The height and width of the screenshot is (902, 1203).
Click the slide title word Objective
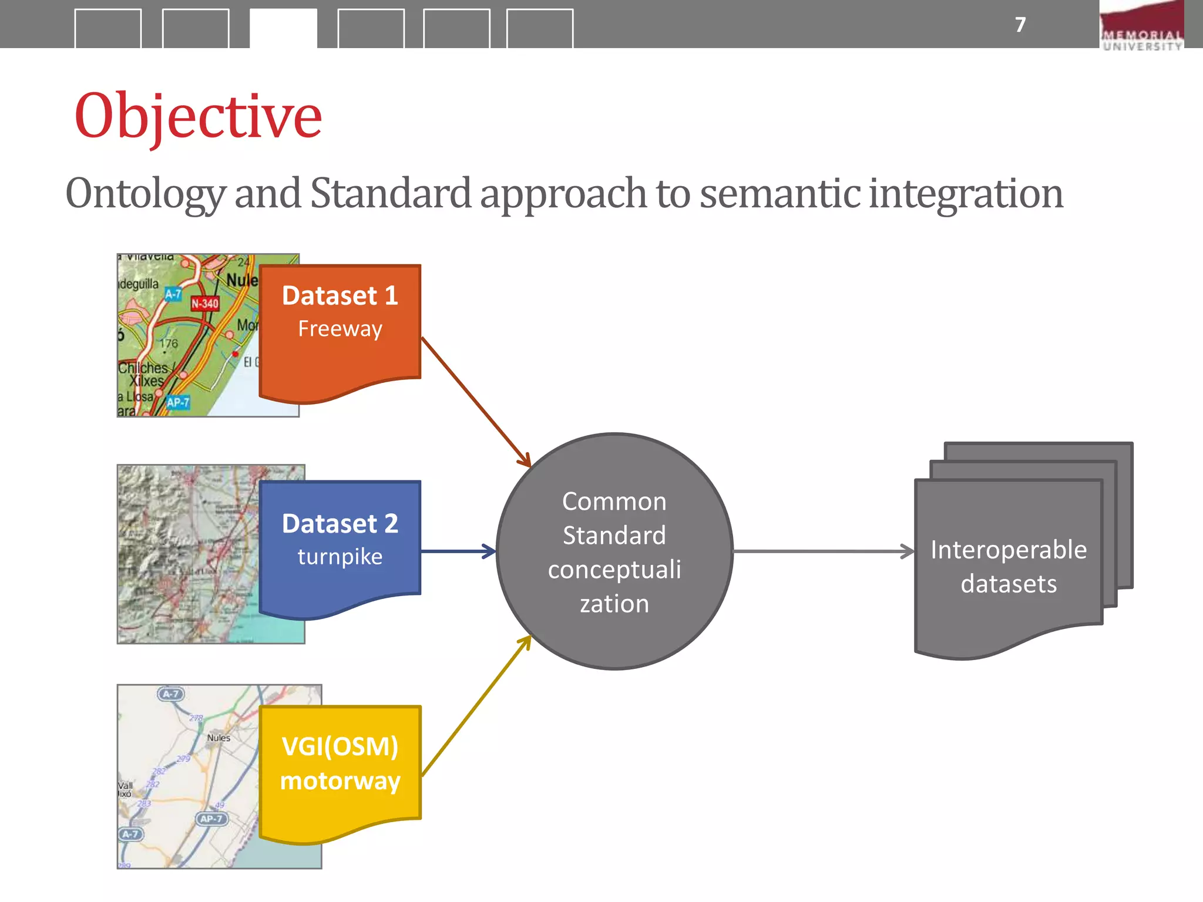pyautogui.click(x=198, y=117)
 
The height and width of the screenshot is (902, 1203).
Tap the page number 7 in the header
pyautogui.click(x=1020, y=25)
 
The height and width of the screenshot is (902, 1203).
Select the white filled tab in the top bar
pyautogui.click(x=283, y=28)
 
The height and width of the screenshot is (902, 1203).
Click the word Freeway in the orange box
pyautogui.click(x=340, y=329)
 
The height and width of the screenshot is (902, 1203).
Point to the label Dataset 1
pyautogui.click(x=340, y=295)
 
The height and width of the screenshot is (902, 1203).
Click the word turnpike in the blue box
pyautogui.click(x=340, y=556)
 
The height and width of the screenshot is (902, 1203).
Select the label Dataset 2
pyautogui.click(x=340, y=523)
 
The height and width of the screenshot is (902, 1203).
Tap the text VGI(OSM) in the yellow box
pyautogui.click(x=340, y=746)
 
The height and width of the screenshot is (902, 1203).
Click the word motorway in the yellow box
pyautogui.click(x=340, y=781)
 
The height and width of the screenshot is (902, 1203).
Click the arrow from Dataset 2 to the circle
pyautogui.click(x=458, y=551)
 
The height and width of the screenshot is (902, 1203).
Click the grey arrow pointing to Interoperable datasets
pyautogui.click(x=822, y=551)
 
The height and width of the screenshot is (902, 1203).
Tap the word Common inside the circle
pyautogui.click(x=614, y=502)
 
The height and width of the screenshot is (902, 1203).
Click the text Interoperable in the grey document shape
pyautogui.click(x=1008, y=550)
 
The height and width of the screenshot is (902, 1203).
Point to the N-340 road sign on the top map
pyautogui.click(x=204, y=304)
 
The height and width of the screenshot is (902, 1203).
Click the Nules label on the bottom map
pyautogui.click(x=219, y=738)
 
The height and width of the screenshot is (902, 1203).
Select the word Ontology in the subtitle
pyautogui.click(x=145, y=194)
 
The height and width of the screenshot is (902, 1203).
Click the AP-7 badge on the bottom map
pyautogui.click(x=211, y=819)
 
